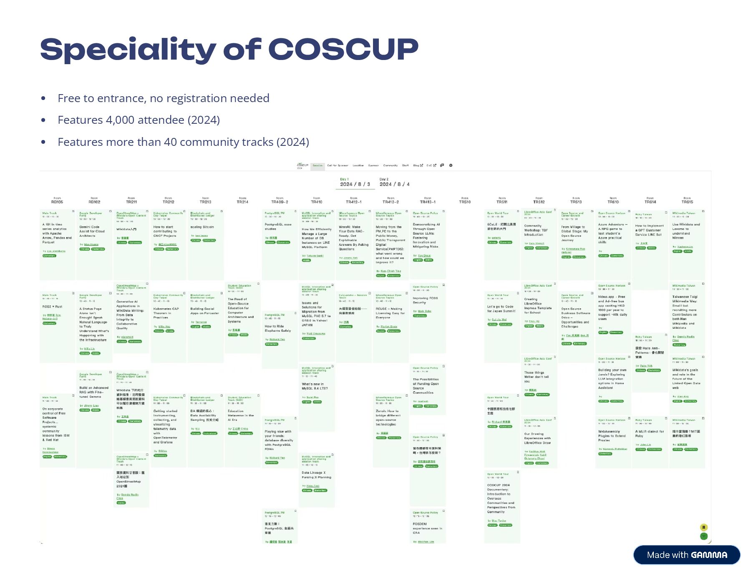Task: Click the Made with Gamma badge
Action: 687,555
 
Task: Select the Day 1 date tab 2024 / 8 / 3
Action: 355,184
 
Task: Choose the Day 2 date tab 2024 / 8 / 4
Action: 394,184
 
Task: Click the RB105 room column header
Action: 57,202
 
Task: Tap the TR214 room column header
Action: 242,202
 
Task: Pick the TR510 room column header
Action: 465,202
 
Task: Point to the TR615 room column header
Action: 687,202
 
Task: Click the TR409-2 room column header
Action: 280,202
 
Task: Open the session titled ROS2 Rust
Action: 53,307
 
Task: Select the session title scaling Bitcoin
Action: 202,227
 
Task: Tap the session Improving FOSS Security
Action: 426,300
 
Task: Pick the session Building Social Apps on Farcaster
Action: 205,311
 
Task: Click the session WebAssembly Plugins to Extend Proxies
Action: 612,435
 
